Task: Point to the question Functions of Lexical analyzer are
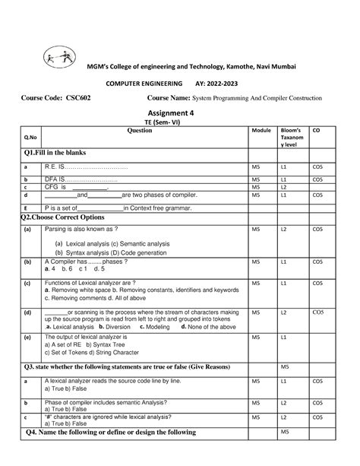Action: tap(91, 283)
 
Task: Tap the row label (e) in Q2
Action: tap(27, 337)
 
